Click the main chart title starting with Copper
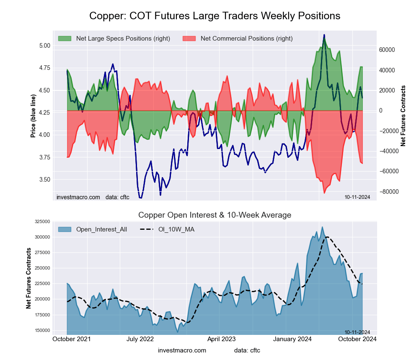pos(215,16)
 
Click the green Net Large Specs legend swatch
pos(65,39)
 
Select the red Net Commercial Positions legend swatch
pos(189,39)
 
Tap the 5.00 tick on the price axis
pos(44,45)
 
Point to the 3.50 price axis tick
pos(44,180)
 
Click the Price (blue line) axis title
pos(33,116)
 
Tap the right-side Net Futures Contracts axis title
pos(403,116)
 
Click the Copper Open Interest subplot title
pos(215,215)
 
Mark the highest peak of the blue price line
pos(324,35)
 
